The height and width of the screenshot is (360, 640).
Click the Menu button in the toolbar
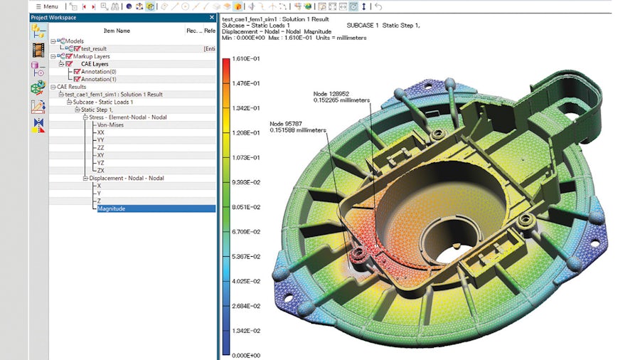[47, 6]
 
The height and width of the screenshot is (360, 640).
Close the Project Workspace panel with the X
[211, 18]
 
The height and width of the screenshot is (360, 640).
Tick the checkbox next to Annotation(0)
[77, 72]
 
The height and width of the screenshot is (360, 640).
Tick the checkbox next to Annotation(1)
[77, 80]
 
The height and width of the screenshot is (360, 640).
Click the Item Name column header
[117, 31]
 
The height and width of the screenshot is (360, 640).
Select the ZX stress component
[101, 171]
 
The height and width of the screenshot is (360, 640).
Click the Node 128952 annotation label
[331, 93]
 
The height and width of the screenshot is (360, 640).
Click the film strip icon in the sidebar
[38, 50]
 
